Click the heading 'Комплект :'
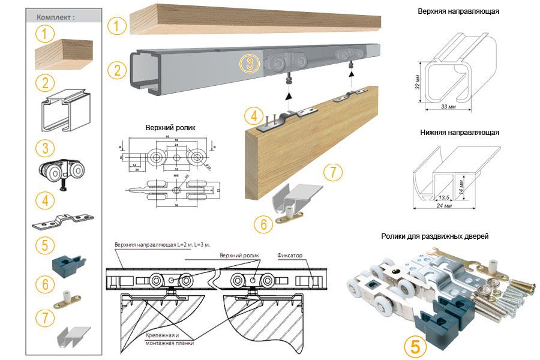click(x=56, y=17)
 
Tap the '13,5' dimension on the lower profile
click(x=444, y=197)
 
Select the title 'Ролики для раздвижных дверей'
click(x=434, y=236)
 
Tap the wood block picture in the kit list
click(x=63, y=55)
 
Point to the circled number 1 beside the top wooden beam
click(x=116, y=26)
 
